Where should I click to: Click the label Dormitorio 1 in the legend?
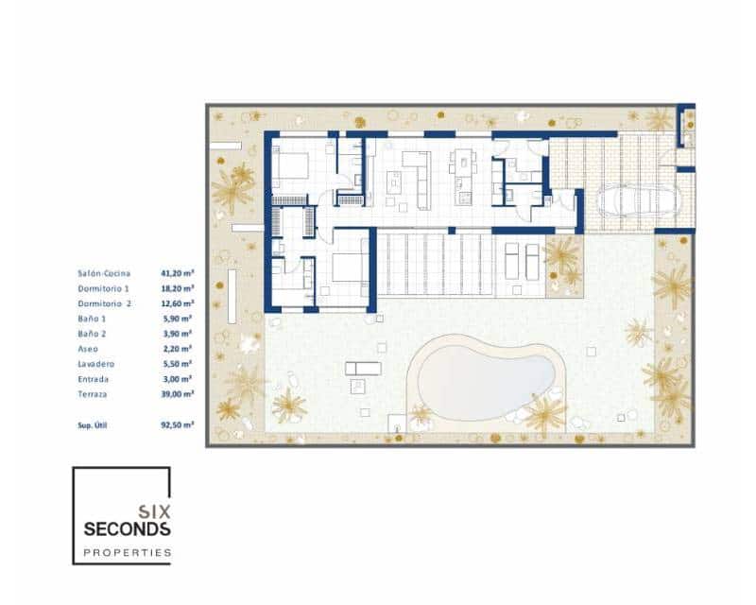coord(102,288)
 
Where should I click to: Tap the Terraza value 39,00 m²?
coord(178,393)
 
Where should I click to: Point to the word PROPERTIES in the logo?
coord(128,552)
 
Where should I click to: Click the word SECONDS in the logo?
coord(128,529)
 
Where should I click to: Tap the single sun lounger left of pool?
coord(364,368)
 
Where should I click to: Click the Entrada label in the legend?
coord(94,379)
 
